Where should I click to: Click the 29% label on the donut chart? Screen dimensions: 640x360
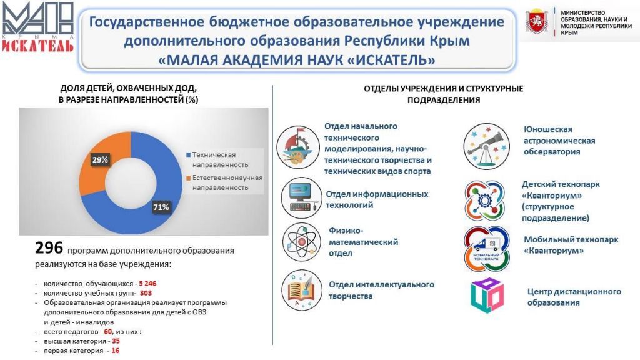(100, 159)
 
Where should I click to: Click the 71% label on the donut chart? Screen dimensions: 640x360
(161, 207)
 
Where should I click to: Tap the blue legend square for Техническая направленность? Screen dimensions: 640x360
(188, 155)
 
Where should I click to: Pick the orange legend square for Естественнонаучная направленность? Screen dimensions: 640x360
(188, 178)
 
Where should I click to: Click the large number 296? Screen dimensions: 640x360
(49, 247)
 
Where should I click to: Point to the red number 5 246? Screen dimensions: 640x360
(147, 284)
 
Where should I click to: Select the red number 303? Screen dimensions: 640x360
(146, 293)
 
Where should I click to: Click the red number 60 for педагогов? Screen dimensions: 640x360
(107, 332)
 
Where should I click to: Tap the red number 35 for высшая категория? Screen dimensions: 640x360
(116, 341)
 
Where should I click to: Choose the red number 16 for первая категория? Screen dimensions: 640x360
(116, 351)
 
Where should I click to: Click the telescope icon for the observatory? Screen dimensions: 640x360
(486, 146)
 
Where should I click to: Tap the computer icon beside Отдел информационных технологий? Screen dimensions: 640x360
(302, 197)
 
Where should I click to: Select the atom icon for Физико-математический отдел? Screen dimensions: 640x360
(302, 242)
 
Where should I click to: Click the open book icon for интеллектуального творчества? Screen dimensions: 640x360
(302, 290)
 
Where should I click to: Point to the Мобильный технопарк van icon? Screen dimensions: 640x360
(486, 249)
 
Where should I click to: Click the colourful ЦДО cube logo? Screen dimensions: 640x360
(487, 296)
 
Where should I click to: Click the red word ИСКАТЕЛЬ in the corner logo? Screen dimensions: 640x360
(38, 45)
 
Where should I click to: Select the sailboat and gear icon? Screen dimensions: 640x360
(298, 147)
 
